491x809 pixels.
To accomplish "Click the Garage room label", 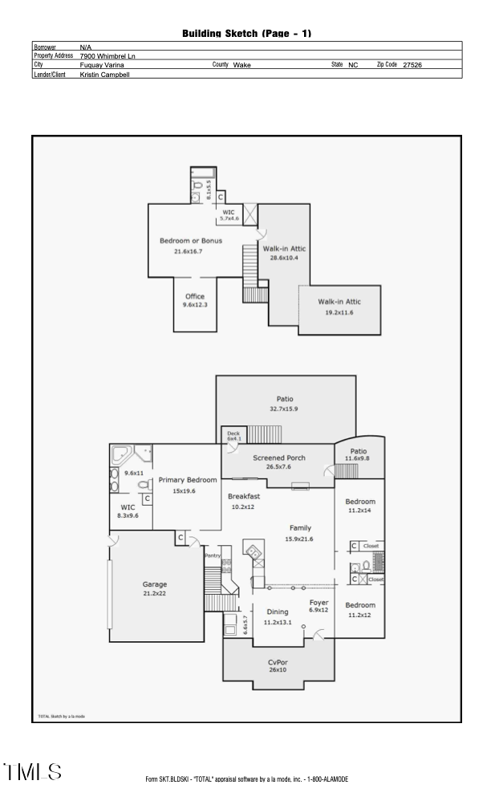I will (x=155, y=584).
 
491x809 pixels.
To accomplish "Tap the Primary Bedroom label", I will (x=188, y=480).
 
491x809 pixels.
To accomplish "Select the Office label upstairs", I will (x=195, y=297).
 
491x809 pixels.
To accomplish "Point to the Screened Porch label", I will (x=279, y=457).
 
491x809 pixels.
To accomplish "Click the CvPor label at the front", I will (x=278, y=662).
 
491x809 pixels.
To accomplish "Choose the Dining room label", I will (x=278, y=612).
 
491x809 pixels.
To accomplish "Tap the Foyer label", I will (x=319, y=602).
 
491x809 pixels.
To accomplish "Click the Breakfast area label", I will (x=243, y=497).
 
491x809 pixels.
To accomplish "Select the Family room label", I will (x=300, y=528).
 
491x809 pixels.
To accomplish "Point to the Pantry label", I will (x=212, y=555).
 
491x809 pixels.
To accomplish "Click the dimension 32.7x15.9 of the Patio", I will (x=285, y=409).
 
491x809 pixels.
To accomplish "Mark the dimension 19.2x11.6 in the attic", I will (x=339, y=312).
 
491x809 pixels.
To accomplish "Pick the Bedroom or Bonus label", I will (x=191, y=241).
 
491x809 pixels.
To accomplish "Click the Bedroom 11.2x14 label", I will (x=360, y=502).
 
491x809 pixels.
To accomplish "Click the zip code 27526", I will (x=412, y=64).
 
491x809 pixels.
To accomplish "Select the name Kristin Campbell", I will (x=105, y=74).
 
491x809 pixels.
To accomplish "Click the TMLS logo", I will (x=33, y=772).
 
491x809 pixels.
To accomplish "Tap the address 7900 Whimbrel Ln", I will (x=108, y=56).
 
